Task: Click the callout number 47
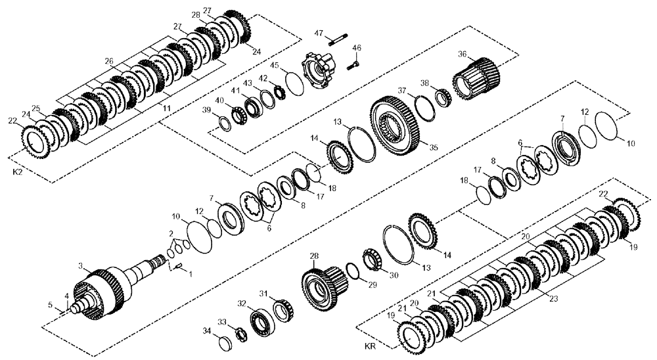(x=319, y=33)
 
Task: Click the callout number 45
(x=276, y=65)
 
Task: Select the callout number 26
(x=109, y=61)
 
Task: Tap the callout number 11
(x=166, y=106)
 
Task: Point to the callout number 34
(x=206, y=330)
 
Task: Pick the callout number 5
(x=50, y=305)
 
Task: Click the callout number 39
(x=207, y=110)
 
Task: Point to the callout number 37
(x=402, y=90)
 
